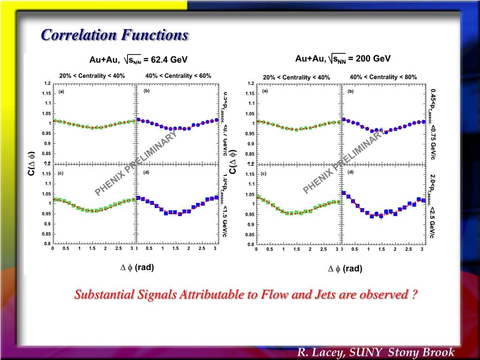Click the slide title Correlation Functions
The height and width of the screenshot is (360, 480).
click(114, 35)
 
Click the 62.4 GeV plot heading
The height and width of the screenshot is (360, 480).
click(138, 60)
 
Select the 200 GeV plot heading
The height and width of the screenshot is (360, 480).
click(343, 59)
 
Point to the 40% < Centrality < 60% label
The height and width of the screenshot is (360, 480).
click(178, 75)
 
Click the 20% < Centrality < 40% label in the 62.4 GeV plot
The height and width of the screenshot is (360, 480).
click(92, 75)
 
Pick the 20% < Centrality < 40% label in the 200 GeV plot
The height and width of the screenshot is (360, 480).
click(296, 77)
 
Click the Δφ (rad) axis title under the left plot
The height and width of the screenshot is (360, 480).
click(137, 268)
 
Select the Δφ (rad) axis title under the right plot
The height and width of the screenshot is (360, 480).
click(345, 269)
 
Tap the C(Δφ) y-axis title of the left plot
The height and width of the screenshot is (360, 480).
click(31, 163)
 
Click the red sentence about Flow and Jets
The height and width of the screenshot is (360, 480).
click(246, 295)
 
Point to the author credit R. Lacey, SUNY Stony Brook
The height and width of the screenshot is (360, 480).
click(375, 352)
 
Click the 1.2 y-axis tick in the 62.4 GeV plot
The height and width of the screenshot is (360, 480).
click(47, 83)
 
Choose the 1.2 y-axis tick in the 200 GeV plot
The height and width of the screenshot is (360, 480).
click(251, 83)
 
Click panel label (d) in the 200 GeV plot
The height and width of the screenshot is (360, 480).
click(351, 172)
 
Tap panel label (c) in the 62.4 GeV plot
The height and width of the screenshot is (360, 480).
click(61, 173)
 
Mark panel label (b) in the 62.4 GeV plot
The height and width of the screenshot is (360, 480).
click(146, 91)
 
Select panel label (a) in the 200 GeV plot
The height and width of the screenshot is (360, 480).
click(265, 91)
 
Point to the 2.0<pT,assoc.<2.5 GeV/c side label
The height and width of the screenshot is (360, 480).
click(433, 206)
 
